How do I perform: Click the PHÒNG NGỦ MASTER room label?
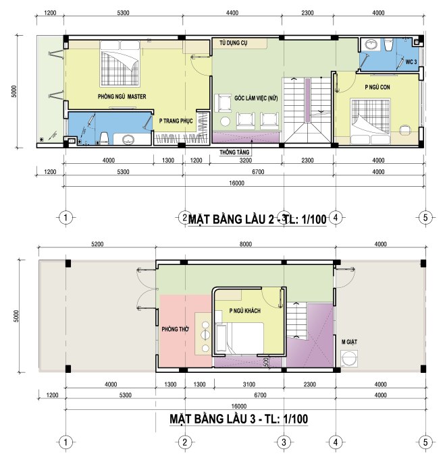point(122,96)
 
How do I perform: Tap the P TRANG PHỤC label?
point(176,121)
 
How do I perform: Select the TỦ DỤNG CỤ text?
point(233,43)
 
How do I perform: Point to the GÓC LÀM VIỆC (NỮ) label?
point(256,98)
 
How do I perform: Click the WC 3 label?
point(411,62)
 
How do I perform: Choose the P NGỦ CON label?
point(377,87)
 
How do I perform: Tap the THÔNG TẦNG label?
point(234,152)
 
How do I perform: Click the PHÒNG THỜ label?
point(175,329)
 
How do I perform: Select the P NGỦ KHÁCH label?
point(245,310)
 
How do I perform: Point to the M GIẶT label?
point(349,342)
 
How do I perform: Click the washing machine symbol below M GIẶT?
point(349,359)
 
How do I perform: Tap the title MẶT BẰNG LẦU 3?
point(213,419)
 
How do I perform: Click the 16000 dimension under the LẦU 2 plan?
point(236,183)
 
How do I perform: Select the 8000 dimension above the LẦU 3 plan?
point(246,244)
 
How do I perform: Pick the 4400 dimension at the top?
point(232,13)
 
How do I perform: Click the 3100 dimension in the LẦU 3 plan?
point(249,384)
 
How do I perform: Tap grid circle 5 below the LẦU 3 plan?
point(425,442)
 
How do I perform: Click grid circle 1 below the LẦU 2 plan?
point(66,217)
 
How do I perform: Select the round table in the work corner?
point(225,121)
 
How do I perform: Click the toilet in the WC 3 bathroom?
point(388,45)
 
